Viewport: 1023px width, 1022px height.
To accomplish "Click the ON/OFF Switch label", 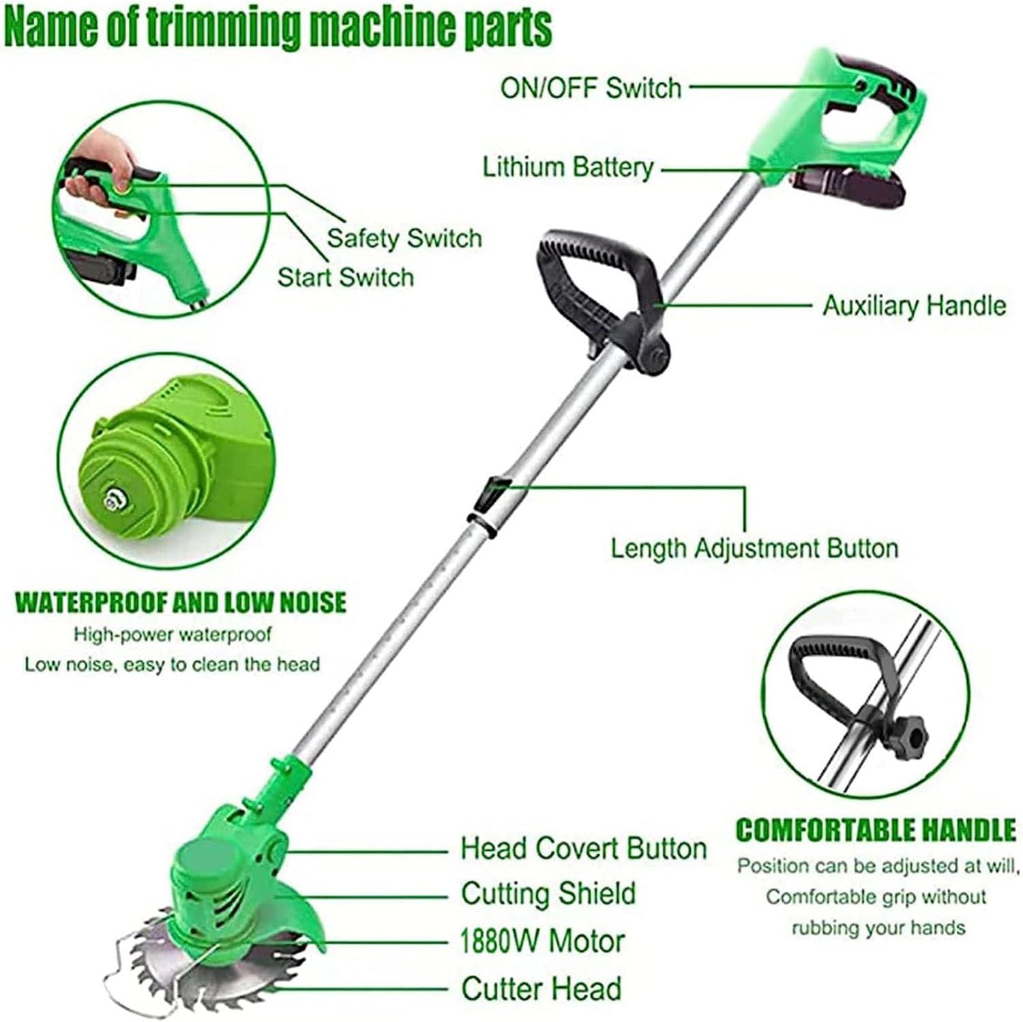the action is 591,88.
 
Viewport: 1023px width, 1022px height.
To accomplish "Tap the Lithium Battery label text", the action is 568,167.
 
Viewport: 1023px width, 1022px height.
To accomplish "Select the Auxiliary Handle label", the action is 914,305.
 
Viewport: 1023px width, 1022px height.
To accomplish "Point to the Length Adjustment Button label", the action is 754,548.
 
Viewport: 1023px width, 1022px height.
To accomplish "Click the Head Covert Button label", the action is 584,849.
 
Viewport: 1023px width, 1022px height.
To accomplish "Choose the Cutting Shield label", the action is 548,894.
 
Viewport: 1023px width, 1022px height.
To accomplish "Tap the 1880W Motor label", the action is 543,942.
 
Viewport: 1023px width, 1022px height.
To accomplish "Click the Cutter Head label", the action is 542,988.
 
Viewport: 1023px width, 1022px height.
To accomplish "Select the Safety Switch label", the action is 404,238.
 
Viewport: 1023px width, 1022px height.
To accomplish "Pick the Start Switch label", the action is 346,277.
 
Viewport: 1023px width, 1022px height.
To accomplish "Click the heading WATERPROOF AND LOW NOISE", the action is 181,603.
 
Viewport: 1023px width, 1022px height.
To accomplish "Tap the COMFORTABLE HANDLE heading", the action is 876,830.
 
